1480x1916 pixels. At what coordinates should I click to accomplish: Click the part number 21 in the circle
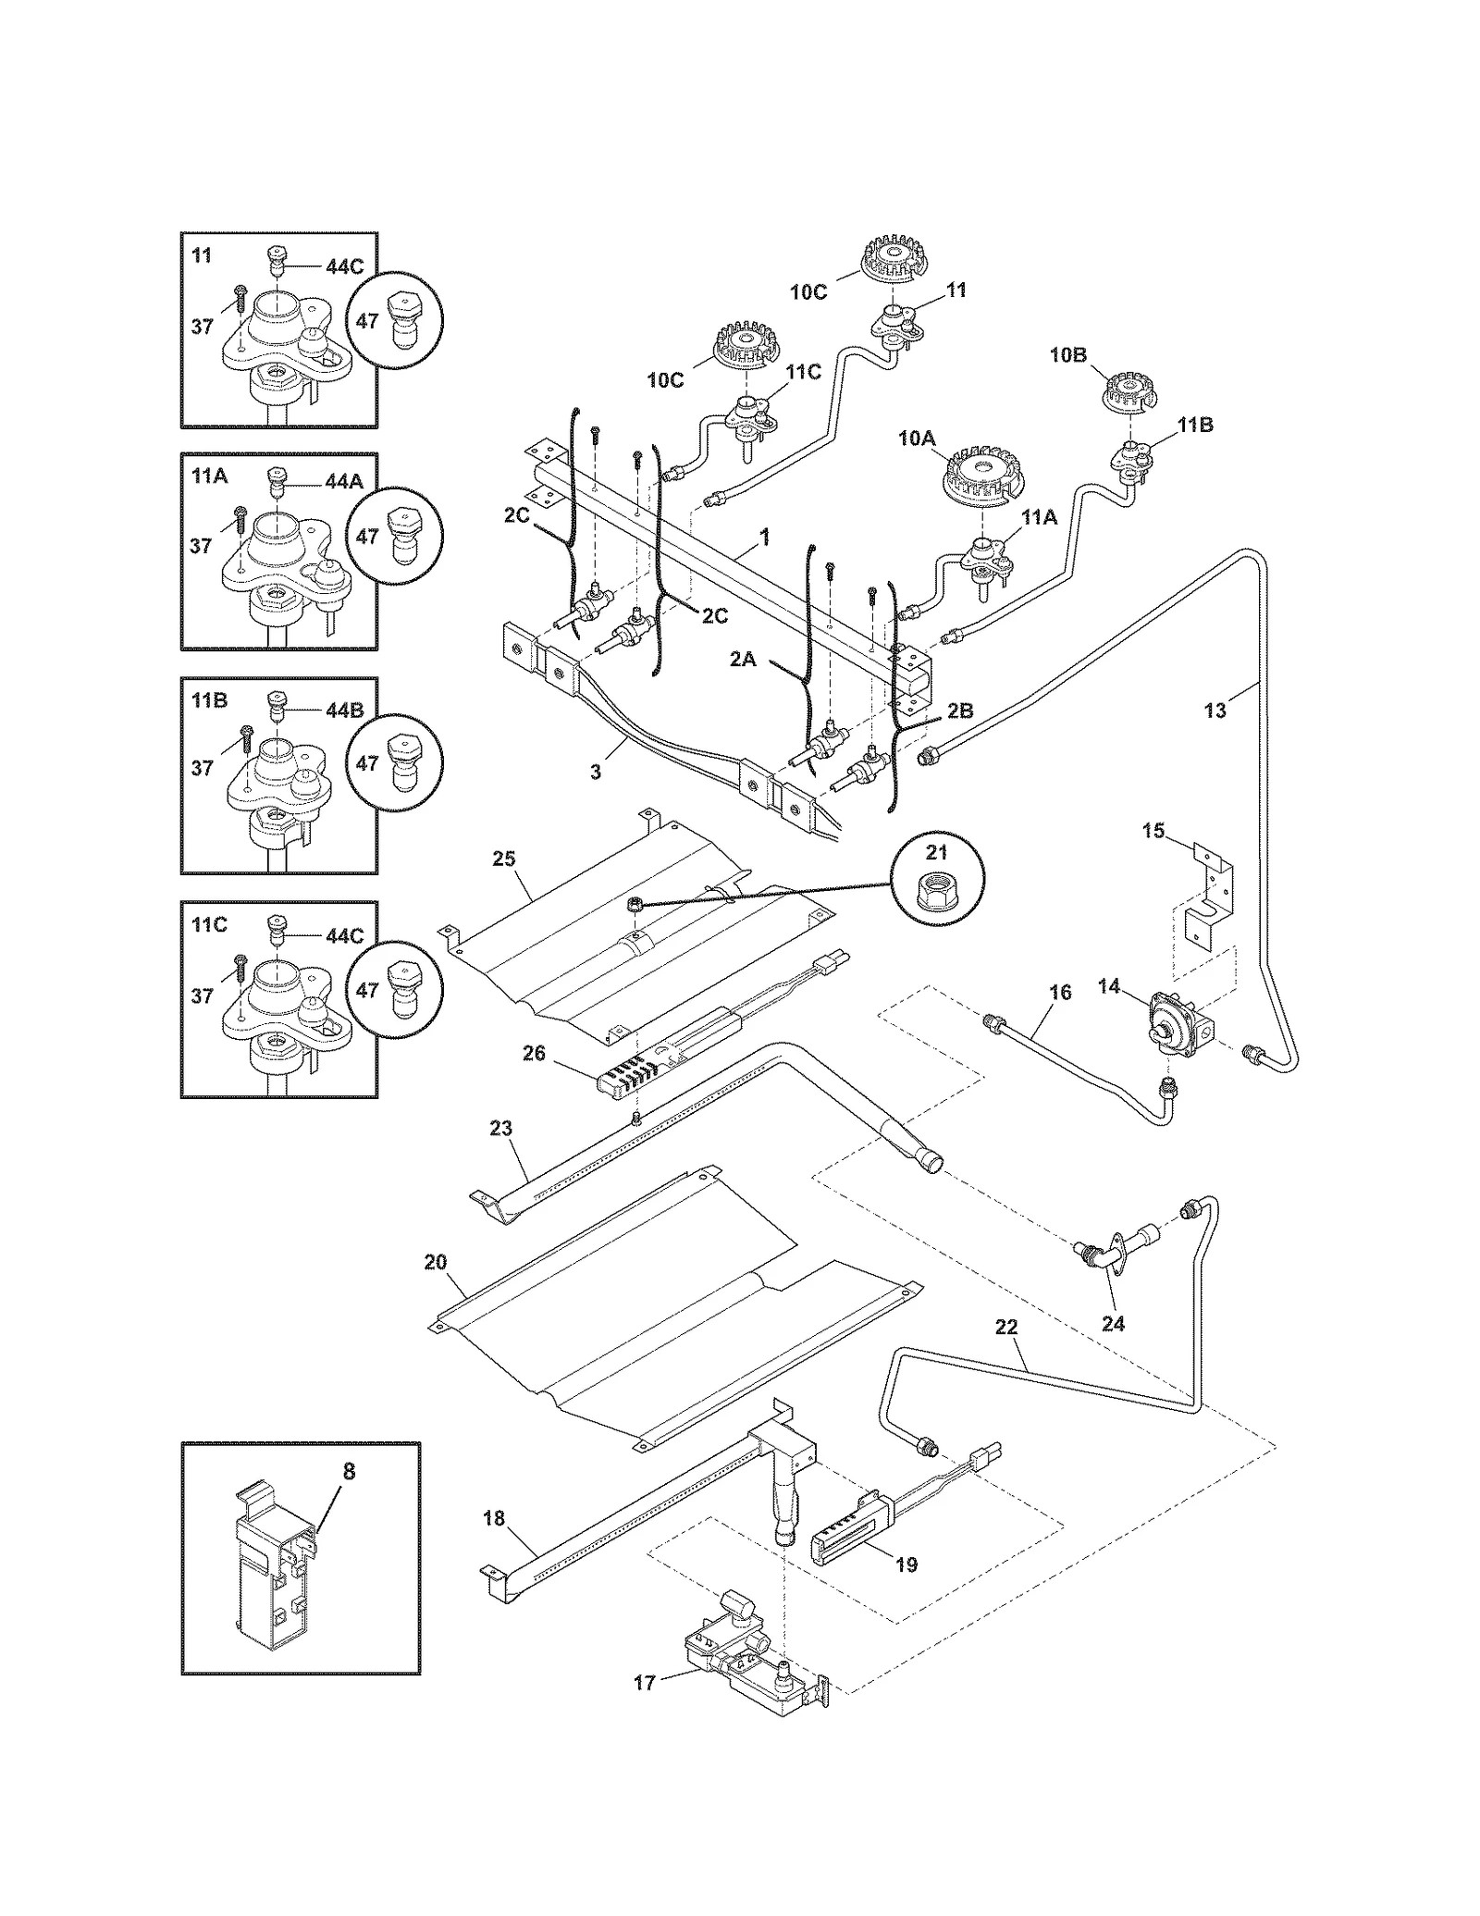pyautogui.click(x=936, y=852)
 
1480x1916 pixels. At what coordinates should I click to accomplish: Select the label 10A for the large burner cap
pyautogui.click(x=916, y=439)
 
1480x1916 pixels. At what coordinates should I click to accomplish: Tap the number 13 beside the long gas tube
pyautogui.click(x=1215, y=710)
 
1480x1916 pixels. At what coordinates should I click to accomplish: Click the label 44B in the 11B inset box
pyautogui.click(x=344, y=711)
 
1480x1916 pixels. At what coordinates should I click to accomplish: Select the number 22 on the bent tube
pyautogui.click(x=1005, y=1327)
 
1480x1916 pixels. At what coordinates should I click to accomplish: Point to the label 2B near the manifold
pyautogui.click(x=959, y=711)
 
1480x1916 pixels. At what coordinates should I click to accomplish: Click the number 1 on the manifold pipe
pyautogui.click(x=765, y=538)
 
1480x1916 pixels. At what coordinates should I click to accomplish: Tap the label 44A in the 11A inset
pyautogui.click(x=344, y=481)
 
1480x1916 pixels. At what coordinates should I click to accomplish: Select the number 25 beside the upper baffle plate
pyautogui.click(x=503, y=859)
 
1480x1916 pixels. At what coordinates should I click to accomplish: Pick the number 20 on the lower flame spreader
pyautogui.click(x=436, y=1262)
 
